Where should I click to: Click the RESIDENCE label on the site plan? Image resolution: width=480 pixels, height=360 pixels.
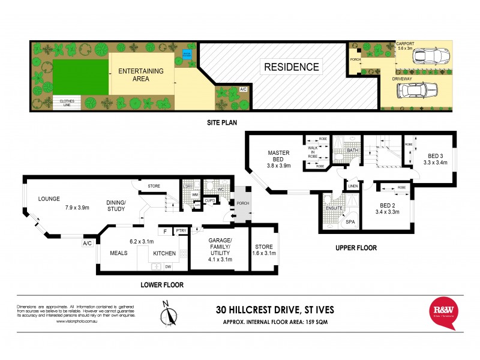coord(292,67)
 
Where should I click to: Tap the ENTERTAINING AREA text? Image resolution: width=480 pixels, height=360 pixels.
coord(140,75)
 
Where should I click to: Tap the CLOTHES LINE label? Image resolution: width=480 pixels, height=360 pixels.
coord(67,103)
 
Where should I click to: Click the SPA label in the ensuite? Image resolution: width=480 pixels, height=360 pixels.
coord(350,222)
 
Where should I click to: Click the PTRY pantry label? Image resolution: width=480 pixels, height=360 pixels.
coord(181,230)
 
